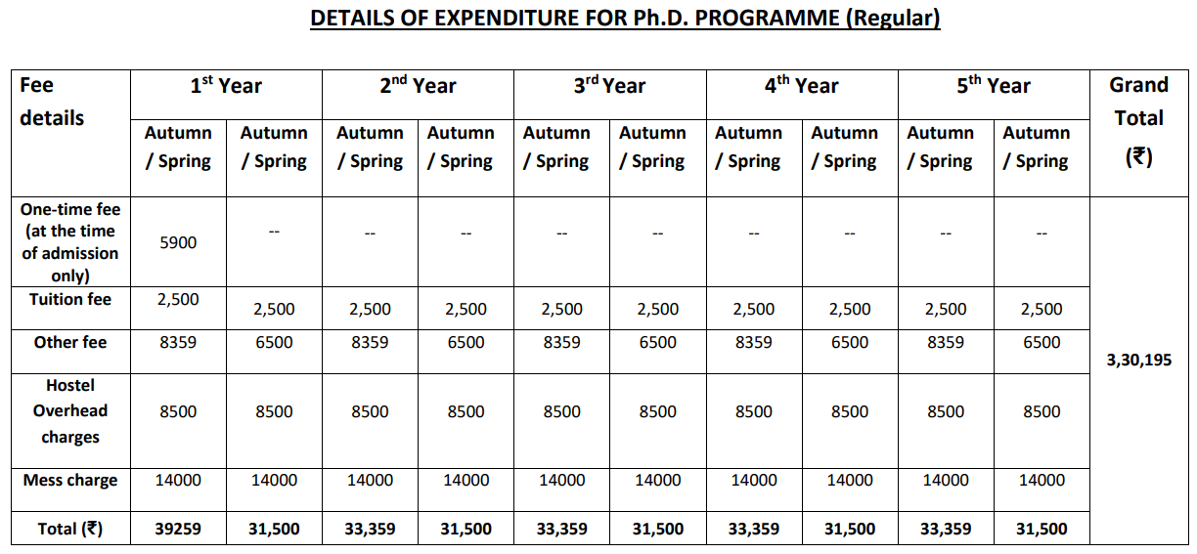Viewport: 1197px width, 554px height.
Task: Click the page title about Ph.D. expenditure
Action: click(x=625, y=19)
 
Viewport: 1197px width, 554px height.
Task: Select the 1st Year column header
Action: click(x=226, y=86)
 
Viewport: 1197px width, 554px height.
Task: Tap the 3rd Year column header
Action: click(x=609, y=86)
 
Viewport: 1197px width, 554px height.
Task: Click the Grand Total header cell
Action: click(x=1138, y=102)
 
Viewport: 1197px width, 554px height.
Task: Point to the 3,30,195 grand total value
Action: click(x=1138, y=361)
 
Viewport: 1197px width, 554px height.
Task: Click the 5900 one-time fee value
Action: click(x=178, y=242)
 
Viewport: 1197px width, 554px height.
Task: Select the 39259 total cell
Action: click(x=178, y=530)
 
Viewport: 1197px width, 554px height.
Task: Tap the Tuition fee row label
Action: click(x=70, y=299)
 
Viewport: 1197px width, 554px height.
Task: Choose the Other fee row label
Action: click(x=70, y=343)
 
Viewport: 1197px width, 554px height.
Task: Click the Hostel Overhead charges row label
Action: click(x=70, y=411)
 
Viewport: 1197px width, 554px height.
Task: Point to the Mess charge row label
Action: click(x=70, y=481)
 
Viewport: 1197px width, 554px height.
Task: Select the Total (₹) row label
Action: click(x=70, y=530)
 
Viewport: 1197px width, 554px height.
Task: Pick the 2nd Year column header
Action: click(x=418, y=86)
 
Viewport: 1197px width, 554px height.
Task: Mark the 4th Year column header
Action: click(x=801, y=86)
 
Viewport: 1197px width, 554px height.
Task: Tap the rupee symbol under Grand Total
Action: click(x=1138, y=157)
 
